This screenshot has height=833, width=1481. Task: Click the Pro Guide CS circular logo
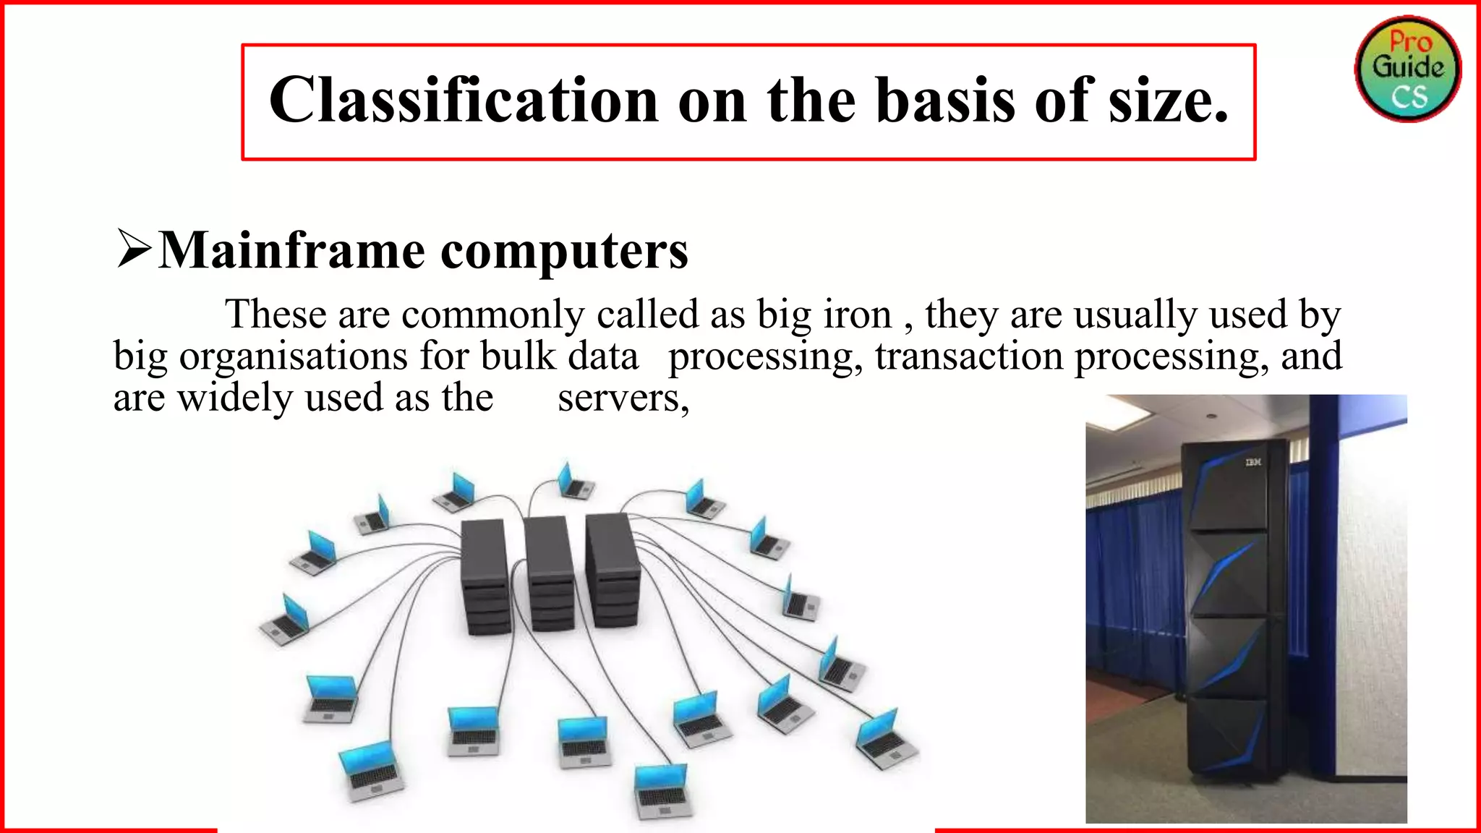tap(1407, 69)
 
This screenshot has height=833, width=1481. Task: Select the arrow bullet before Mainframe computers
tap(134, 249)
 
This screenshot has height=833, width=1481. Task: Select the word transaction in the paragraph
tap(969, 356)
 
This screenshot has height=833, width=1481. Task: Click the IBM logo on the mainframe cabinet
tap(1252, 462)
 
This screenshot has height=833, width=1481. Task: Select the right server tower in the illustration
tap(613, 568)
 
